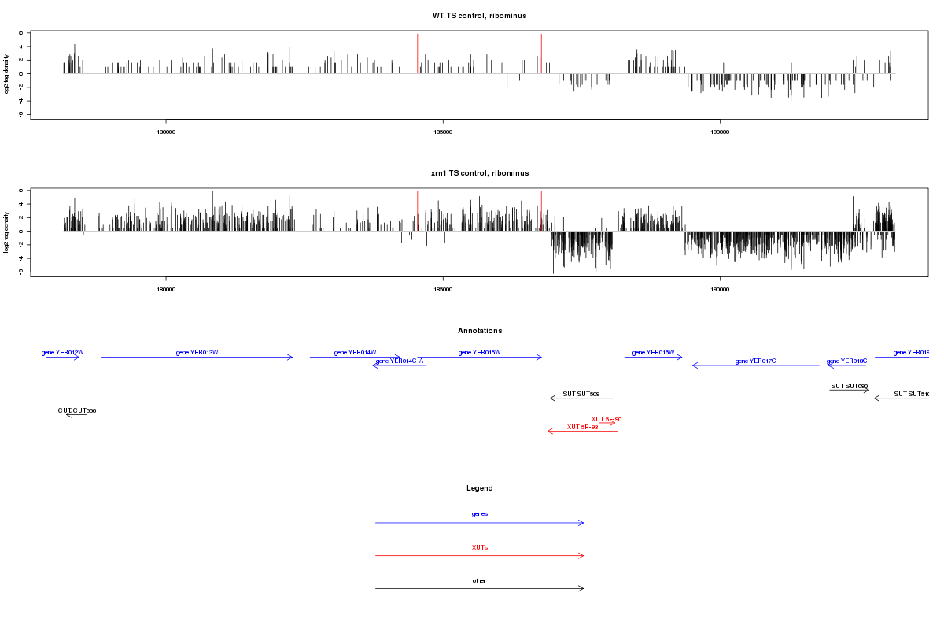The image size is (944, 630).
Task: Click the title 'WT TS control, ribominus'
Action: (x=479, y=16)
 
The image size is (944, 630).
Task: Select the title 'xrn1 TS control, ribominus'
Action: (x=479, y=173)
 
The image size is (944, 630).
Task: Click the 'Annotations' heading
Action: (x=480, y=331)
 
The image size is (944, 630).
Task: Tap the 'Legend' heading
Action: (x=480, y=488)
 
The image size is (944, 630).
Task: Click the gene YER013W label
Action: (x=197, y=352)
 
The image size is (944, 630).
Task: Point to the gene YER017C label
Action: (x=755, y=361)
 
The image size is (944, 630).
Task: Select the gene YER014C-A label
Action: (x=400, y=361)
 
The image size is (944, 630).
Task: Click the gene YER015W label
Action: (x=479, y=352)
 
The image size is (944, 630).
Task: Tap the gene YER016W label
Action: (x=653, y=352)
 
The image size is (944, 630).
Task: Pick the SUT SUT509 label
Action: (x=581, y=394)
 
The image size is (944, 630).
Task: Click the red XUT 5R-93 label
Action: (x=582, y=427)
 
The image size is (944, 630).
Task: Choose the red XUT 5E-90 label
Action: (x=607, y=419)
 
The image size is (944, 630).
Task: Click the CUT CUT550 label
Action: (x=77, y=410)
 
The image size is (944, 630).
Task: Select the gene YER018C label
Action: (x=846, y=361)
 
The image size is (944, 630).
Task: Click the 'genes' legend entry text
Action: (x=479, y=513)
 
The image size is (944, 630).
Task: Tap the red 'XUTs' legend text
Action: (x=479, y=547)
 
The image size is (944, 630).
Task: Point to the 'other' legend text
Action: (x=479, y=580)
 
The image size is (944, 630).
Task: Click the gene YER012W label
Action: (x=63, y=352)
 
